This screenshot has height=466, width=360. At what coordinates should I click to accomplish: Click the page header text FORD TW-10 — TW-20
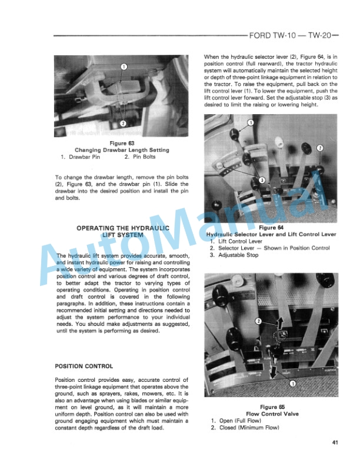tap(292, 36)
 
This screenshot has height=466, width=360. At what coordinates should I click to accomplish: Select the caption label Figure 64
tap(272, 227)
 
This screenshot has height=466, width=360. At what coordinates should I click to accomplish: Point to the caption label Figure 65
tap(272, 407)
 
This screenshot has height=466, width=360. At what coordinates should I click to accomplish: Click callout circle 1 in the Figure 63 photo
tap(124, 66)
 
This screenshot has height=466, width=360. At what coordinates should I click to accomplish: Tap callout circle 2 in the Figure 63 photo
tap(123, 124)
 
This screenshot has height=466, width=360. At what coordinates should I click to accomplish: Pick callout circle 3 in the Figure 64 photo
tap(262, 179)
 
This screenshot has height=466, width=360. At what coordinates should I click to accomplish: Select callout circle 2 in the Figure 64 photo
tap(319, 147)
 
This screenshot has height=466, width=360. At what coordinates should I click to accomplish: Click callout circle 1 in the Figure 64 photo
tap(250, 122)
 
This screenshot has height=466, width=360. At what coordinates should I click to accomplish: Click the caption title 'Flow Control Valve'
tap(272, 414)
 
